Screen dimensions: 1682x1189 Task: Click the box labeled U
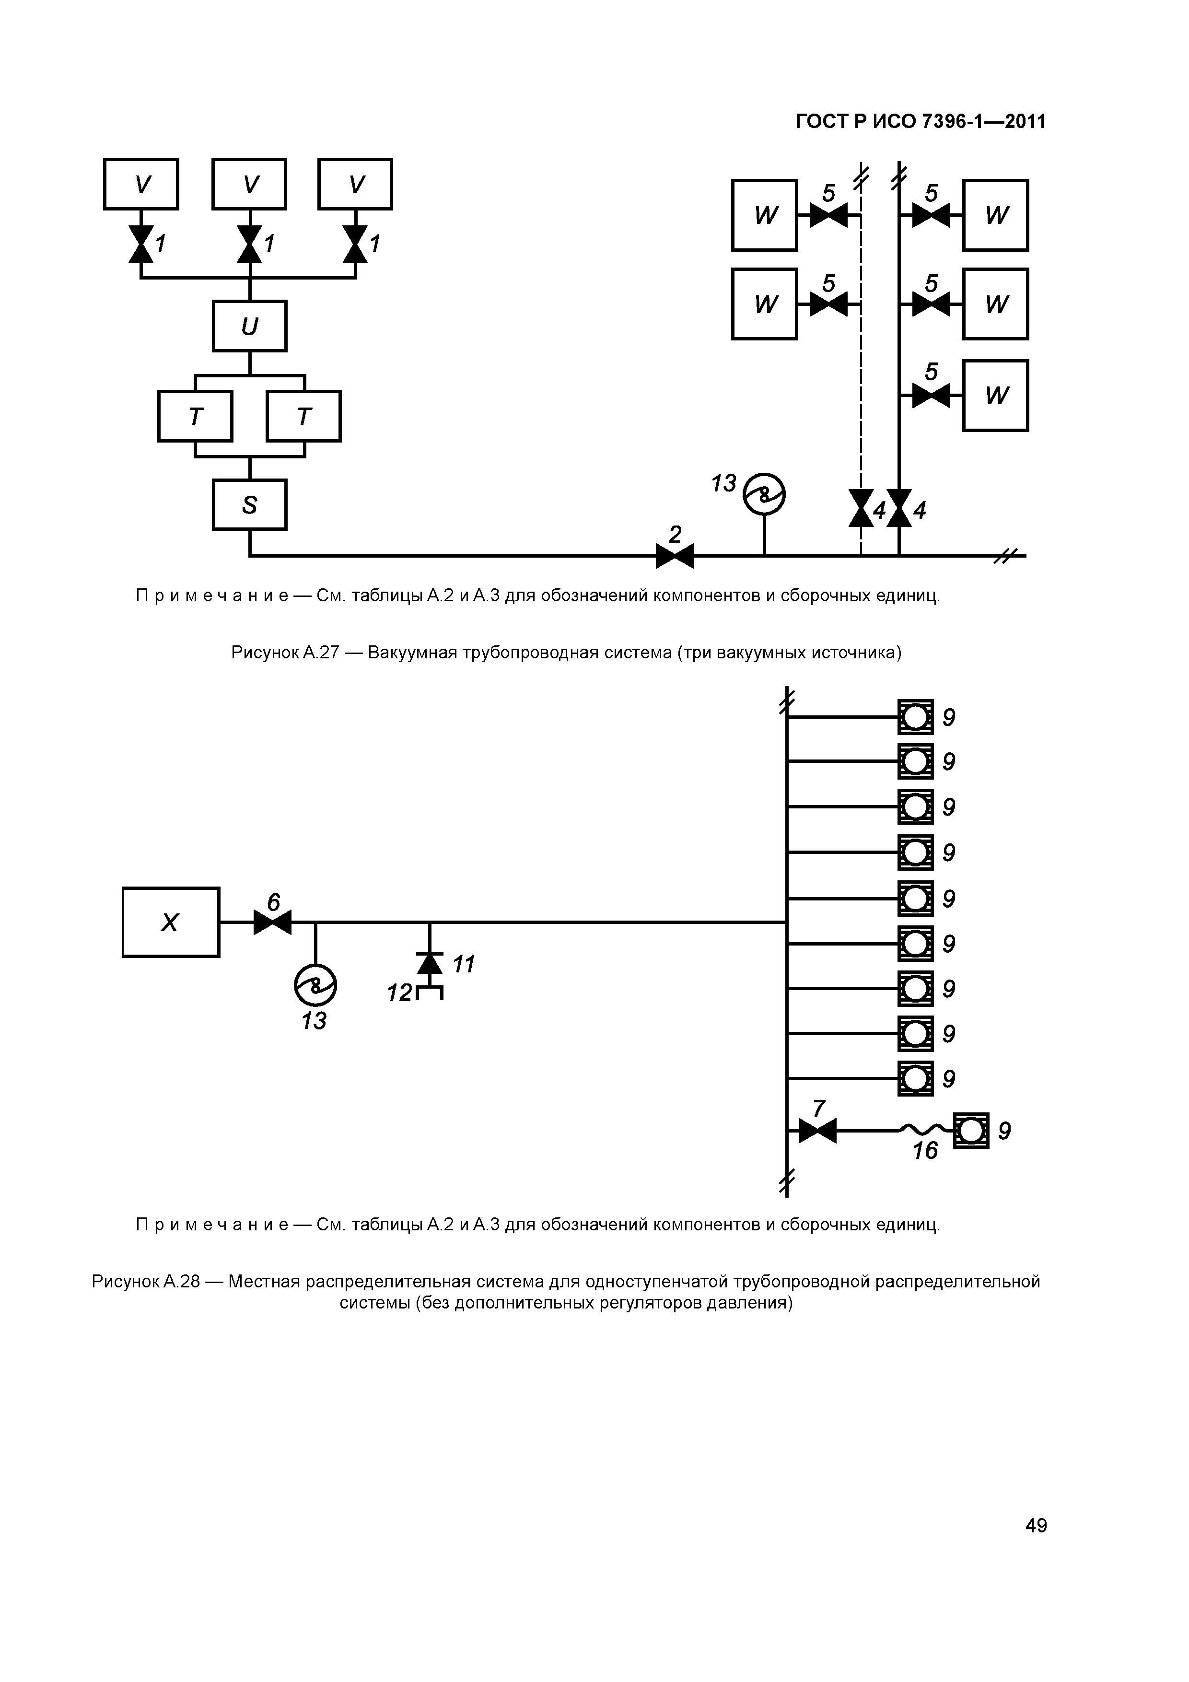pyautogui.click(x=249, y=326)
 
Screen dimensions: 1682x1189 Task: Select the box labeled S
pyautogui.click(x=249, y=505)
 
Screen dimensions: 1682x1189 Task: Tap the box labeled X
pyautogui.click(x=171, y=923)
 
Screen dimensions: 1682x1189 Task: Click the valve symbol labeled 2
pyautogui.click(x=674, y=556)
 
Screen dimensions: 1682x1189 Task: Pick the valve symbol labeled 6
pyautogui.click(x=272, y=923)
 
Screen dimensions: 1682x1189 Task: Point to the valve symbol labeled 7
pyautogui.click(x=817, y=1131)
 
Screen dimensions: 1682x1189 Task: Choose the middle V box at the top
pyautogui.click(x=249, y=184)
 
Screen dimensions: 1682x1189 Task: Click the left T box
pyautogui.click(x=195, y=416)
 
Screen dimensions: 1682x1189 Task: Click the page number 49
pyautogui.click(x=1036, y=1526)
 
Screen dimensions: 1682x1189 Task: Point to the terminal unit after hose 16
pyautogui.click(x=971, y=1131)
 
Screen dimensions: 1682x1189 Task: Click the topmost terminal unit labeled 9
pyautogui.click(x=916, y=717)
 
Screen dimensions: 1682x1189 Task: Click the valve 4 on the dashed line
pyautogui.click(x=861, y=508)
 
